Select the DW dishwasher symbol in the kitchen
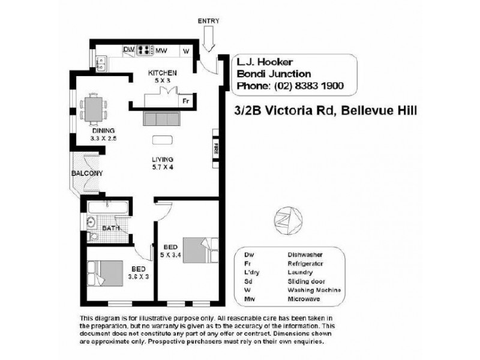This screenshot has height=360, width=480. point(128,50)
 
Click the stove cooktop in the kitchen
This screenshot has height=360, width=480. point(144,50)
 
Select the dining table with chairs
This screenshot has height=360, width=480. point(94,109)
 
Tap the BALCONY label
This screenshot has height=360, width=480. point(86,173)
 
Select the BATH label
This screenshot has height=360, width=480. point(111,229)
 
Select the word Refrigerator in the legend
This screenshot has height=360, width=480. point(306,263)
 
